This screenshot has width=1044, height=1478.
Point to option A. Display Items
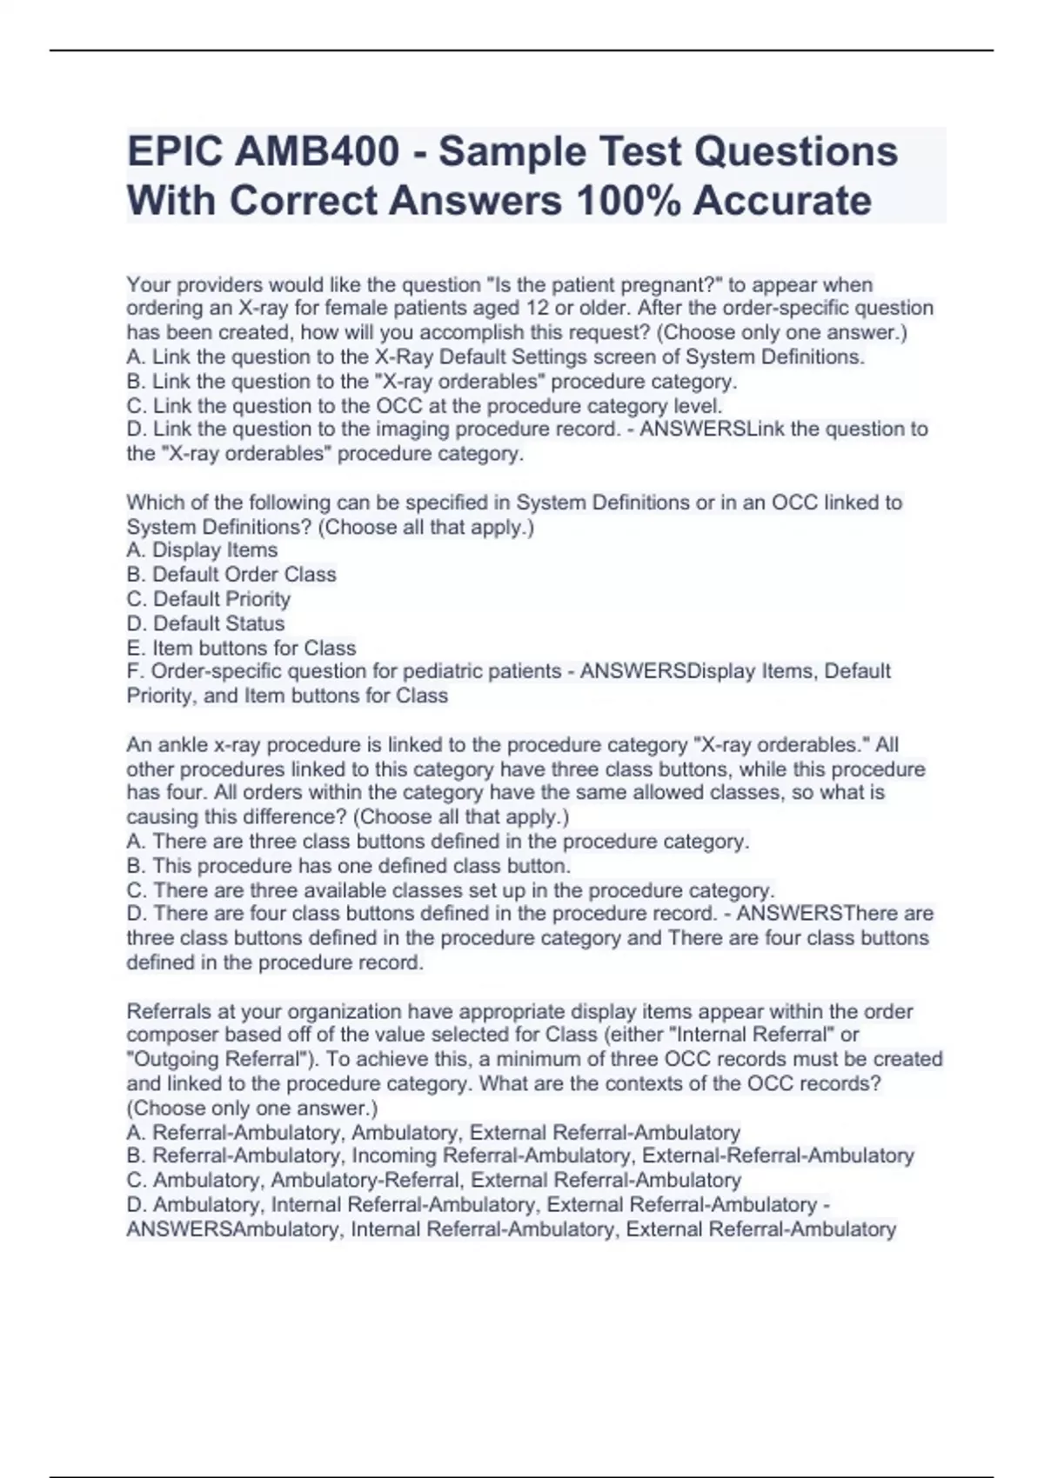pos(202,550)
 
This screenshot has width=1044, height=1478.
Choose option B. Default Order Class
pos(231,575)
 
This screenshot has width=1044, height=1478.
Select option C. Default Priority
pos(208,599)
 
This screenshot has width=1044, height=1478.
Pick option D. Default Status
pos(205,623)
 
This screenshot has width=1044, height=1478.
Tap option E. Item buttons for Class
pos(241,648)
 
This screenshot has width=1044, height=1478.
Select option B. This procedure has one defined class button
pos(348,866)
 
